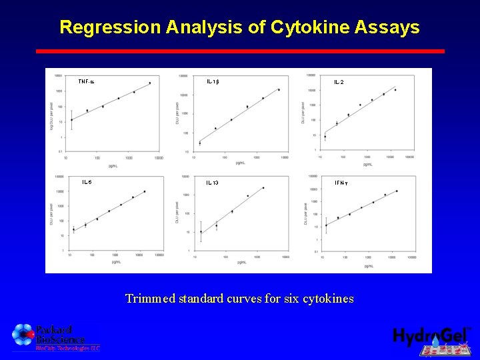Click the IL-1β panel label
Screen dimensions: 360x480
(x=213, y=81)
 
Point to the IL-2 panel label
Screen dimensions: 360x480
(x=339, y=82)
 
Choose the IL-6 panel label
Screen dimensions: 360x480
(x=87, y=181)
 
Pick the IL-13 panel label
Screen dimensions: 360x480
(x=212, y=182)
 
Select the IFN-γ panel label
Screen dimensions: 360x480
(x=341, y=182)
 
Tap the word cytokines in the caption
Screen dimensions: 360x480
(x=328, y=299)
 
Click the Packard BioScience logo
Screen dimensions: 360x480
(x=55, y=337)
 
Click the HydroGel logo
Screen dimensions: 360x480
(x=432, y=339)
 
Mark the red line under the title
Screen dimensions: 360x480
(x=240, y=51)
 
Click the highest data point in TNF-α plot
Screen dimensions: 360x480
(x=150, y=83)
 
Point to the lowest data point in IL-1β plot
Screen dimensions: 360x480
(x=199, y=143)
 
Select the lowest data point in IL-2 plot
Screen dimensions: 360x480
(x=325, y=137)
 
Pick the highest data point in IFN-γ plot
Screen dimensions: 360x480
(x=397, y=191)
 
